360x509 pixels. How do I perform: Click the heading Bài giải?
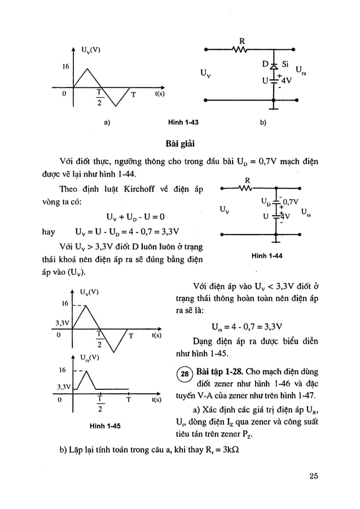coord(179,141)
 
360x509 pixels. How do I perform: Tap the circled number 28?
coord(183,375)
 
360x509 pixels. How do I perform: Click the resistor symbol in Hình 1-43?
coord(242,48)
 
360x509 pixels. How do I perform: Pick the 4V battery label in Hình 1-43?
coord(287,80)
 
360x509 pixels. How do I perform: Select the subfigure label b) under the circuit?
coord(262,121)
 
